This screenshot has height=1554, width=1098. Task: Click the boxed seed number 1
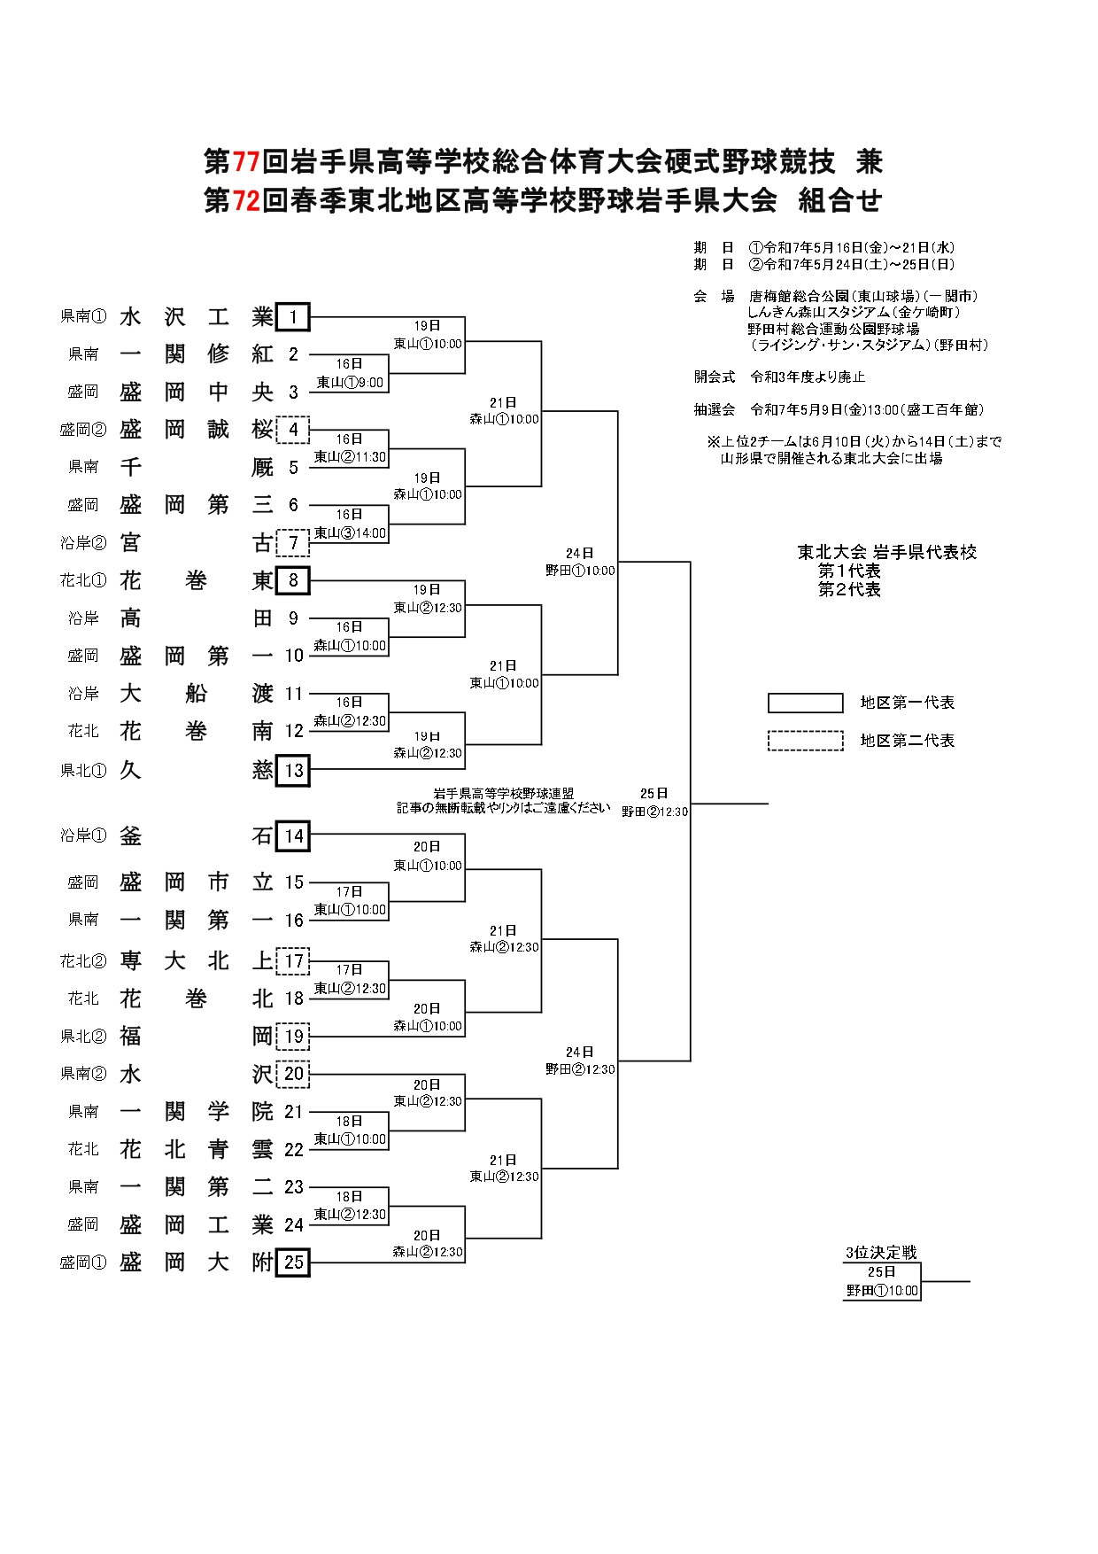click(x=292, y=316)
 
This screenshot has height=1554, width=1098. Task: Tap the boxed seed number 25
click(x=292, y=1262)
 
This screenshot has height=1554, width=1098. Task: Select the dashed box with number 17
click(x=293, y=960)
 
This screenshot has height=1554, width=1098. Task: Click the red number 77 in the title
click(x=245, y=162)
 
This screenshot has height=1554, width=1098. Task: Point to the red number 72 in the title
click(x=245, y=201)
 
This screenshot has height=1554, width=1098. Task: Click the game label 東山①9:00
click(x=350, y=383)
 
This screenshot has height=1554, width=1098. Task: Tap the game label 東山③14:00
click(x=350, y=532)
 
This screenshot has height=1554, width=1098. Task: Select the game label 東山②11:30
click(x=350, y=457)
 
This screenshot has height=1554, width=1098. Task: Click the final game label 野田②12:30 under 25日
click(x=654, y=812)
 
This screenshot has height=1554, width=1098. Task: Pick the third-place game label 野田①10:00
click(x=882, y=1291)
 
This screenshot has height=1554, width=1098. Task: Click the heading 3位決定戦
click(x=880, y=1253)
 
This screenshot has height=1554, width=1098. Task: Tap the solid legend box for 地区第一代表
click(x=805, y=703)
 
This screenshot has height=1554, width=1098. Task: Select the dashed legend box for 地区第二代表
click(x=805, y=741)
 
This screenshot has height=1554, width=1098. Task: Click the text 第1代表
click(x=849, y=571)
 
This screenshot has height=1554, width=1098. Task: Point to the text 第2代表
click(x=849, y=590)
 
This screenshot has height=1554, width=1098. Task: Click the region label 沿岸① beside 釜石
click(x=83, y=835)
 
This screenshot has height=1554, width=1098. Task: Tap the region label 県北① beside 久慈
click(x=83, y=771)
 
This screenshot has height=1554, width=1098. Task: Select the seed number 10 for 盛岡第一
click(x=294, y=656)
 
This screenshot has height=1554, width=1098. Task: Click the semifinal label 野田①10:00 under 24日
click(x=580, y=571)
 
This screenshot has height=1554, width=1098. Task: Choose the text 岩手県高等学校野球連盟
click(x=503, y=794)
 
